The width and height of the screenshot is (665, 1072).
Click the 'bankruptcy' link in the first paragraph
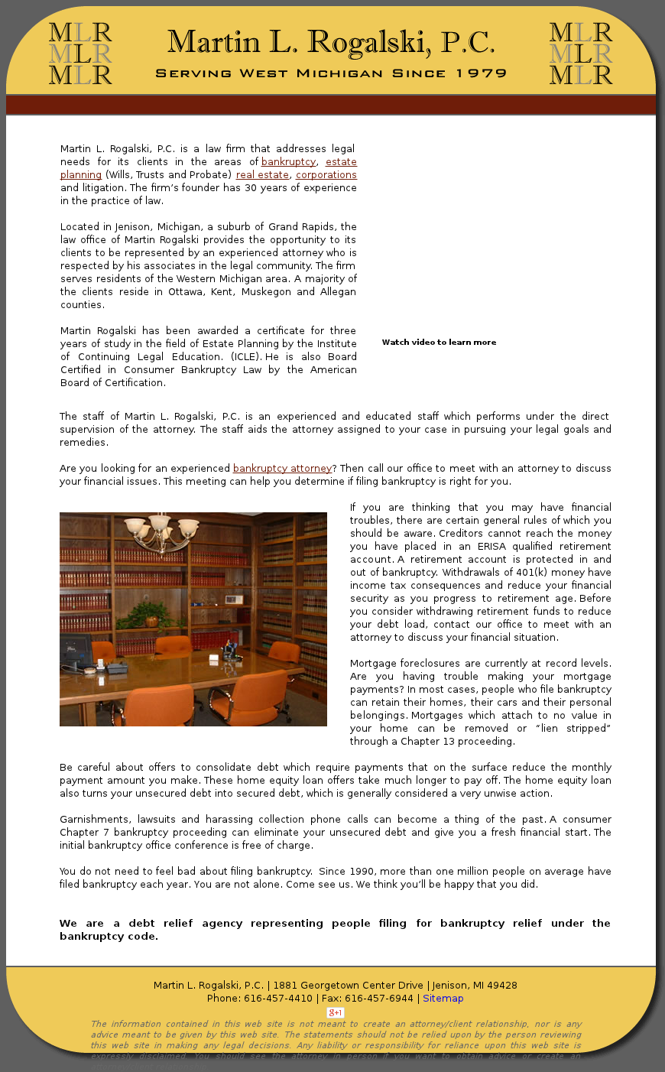288,162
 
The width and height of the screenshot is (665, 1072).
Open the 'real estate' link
262,175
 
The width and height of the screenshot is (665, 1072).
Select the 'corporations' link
326,175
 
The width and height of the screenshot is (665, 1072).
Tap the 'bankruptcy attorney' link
282,469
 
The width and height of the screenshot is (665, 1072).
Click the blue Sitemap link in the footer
443,999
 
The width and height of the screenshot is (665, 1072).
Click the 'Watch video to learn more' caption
439,343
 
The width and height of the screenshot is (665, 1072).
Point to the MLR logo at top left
80,54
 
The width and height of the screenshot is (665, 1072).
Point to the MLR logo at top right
581,54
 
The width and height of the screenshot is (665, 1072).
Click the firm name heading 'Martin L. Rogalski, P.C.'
331,43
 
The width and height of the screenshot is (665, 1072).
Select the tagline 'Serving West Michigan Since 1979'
331,74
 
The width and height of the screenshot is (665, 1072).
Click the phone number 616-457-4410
278,999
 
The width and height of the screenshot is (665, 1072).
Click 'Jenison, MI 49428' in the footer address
475,986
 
